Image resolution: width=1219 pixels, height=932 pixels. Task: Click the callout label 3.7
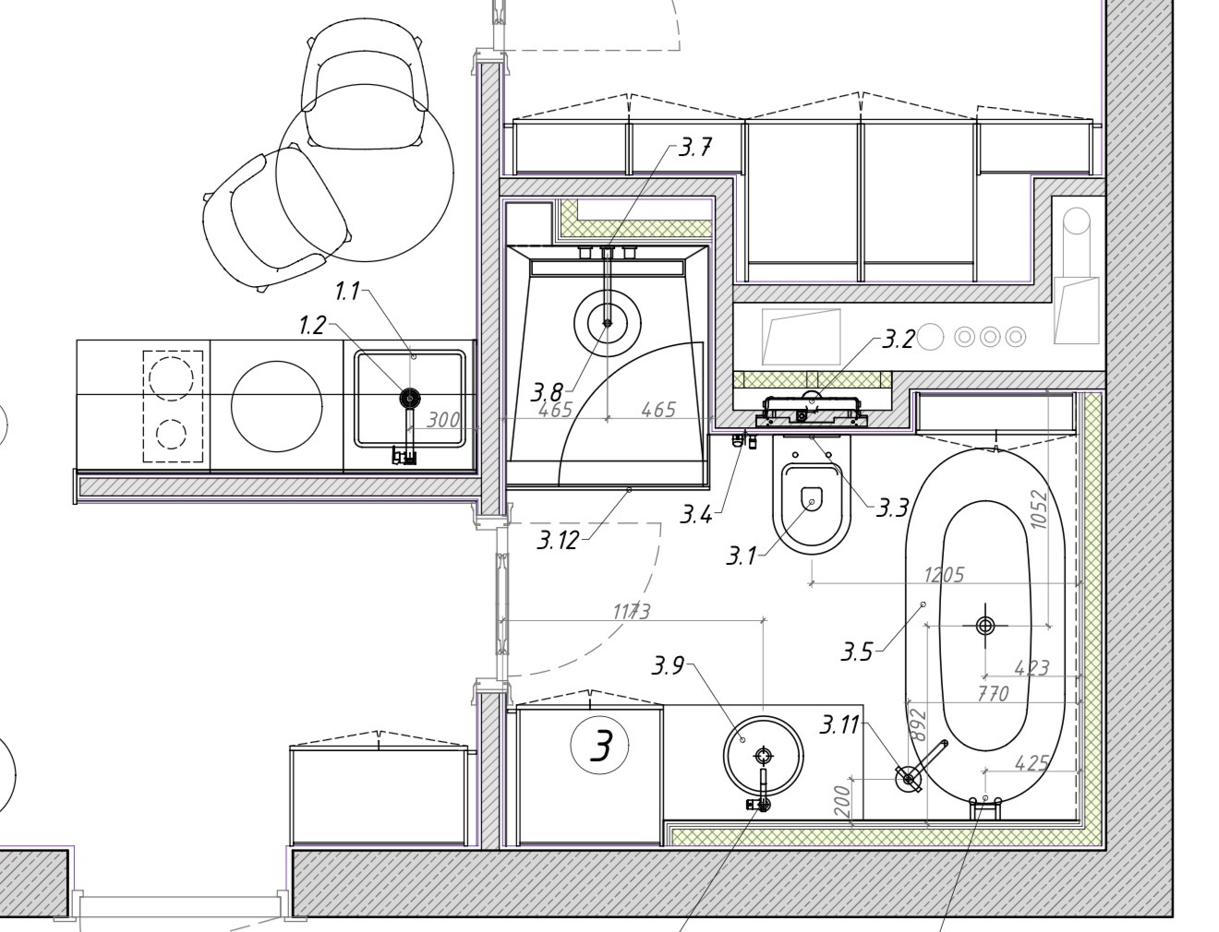click(x=695, y=148)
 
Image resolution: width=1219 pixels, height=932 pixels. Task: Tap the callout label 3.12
click(x=559, y=540)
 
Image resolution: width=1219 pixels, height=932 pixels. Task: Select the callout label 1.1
click(x=347, y=292)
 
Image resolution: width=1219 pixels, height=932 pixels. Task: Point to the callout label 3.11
click(x=839, y=725)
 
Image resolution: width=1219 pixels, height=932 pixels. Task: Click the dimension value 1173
click(x=632, y=612)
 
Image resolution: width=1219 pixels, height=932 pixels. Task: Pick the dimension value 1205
click(x=944, y=575)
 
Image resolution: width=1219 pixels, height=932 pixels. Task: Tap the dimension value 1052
click(x=1037, y=509)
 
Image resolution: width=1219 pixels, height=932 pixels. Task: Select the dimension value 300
click(x=443, y=420)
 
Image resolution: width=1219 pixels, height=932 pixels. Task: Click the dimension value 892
click(x=919, y=725)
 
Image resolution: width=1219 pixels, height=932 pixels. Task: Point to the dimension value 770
click(x=993, y=693)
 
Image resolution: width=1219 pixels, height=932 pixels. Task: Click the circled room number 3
click(x=599, y=746)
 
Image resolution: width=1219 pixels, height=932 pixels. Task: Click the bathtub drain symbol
click(x=985, y=627)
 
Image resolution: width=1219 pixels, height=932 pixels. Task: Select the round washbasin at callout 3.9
click(x=763, y=756)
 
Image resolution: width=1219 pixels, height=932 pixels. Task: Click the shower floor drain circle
click(x=607, y=322)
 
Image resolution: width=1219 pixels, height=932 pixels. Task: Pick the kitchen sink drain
click(x=410, y=398)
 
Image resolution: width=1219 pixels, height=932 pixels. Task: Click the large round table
click(x=365, y=173)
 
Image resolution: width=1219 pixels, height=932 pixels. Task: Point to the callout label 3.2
click(x=898, y=340)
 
